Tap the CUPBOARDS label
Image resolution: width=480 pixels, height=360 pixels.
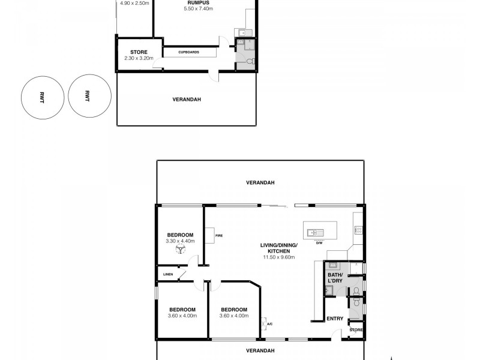(x=188, y=52)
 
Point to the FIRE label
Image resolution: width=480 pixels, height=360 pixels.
(x=219, y=236)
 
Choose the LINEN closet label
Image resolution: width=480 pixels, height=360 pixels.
(x=168, y=275)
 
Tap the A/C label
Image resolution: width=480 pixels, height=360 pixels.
(x=270, y=325)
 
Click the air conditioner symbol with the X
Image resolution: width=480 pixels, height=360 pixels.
(x=263, y=325)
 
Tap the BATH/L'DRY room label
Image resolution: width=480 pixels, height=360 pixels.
(x=335, y=278)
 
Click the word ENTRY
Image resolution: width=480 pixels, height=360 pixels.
(x=334, y=319)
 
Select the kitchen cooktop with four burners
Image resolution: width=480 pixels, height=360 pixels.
(x=359, y=229)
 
